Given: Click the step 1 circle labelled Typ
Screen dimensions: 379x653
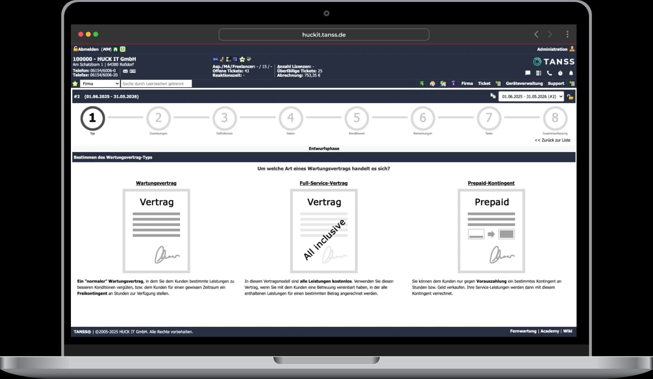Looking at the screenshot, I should [92, 118].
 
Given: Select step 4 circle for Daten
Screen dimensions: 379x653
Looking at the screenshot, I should [291, 118].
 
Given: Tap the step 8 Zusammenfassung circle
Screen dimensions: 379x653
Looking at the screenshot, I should [555, 118].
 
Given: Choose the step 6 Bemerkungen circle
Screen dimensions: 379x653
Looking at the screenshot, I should [423, 118].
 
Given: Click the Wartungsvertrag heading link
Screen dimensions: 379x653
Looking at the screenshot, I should [156, 183].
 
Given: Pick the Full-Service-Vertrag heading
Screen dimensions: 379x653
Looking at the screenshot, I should [324, 183].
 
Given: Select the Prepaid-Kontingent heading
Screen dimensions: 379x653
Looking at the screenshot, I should [491, 183].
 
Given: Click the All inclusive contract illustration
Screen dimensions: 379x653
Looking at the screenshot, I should [324, 231].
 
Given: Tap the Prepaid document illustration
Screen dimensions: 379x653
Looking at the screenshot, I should [491, 231].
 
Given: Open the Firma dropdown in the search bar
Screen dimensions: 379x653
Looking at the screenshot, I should [100, 84].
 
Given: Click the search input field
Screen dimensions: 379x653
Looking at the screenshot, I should [156, 84].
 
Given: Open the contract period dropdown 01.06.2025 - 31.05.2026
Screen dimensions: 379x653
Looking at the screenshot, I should [531, 96].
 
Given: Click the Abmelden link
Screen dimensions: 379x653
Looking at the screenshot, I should [88, 49].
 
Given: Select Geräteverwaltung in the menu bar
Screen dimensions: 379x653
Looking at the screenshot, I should [524, 83].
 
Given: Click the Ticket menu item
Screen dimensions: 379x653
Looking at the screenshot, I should [484, 83].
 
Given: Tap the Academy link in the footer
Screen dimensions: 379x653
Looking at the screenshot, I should [549, 331].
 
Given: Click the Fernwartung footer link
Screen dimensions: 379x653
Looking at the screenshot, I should [523, 331].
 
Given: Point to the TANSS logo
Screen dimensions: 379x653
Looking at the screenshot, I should [554, 62].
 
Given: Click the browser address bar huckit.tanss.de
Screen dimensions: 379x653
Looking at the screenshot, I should [324, 34].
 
